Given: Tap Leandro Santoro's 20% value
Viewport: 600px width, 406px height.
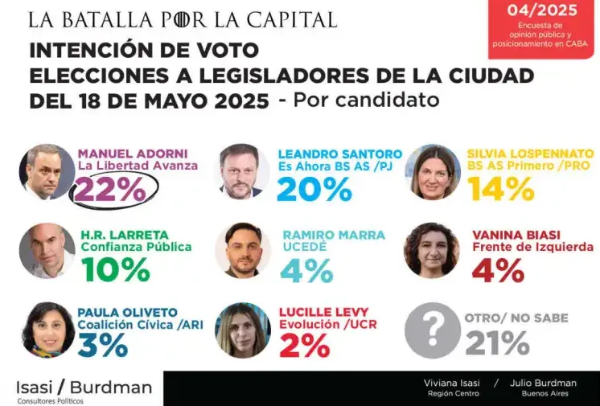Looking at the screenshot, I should (314, 188).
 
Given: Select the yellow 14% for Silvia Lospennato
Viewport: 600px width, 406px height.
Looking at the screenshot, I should (501, 188).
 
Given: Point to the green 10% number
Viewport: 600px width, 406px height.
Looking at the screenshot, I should (115, 269).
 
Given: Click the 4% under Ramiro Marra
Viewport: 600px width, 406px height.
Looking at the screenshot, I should (307, 269).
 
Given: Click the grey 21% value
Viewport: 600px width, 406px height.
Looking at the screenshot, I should (497, 343).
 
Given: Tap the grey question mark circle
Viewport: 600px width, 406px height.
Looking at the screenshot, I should (432, 330).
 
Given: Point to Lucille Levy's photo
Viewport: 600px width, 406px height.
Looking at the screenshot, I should (242, 330).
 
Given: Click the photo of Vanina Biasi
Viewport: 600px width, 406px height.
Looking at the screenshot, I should (432, 250).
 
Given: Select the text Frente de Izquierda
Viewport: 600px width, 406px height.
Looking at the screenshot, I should (532, 247).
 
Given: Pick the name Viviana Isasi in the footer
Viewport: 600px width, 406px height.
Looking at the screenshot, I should (451, 383).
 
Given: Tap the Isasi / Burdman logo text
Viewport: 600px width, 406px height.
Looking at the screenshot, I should (84, 388).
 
